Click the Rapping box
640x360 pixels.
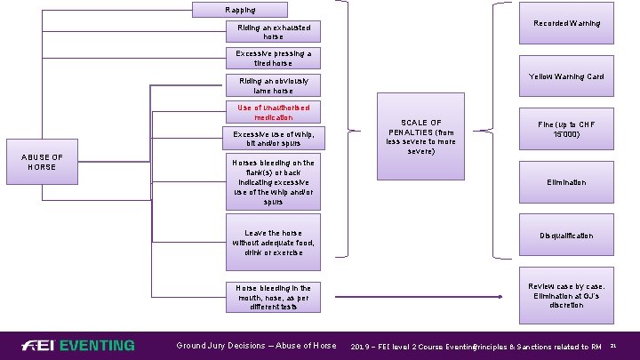coord(240,10)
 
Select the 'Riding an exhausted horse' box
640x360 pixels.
coord(273,32)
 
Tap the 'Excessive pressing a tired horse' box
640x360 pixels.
coord(273,58)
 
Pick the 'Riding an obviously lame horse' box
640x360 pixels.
coord(273,85)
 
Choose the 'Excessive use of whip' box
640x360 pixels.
coord(273,138)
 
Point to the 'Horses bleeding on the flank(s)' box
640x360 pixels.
coord(273,182)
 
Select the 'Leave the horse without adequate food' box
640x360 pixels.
coord(273,243)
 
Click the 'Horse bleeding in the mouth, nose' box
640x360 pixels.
coord(273,297)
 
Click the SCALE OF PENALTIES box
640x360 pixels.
coord(420,137)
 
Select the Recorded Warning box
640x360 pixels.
coord(566,24)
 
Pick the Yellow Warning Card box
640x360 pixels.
coord(566,76)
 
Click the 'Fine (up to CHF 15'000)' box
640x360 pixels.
coord(566,129)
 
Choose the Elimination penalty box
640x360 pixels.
coord(566,182)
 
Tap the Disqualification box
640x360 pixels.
coord(566,236)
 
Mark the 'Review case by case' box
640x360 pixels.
coord(566,296)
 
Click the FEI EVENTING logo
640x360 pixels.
coord(80,345)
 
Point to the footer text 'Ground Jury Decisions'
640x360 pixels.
coord(256,346)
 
